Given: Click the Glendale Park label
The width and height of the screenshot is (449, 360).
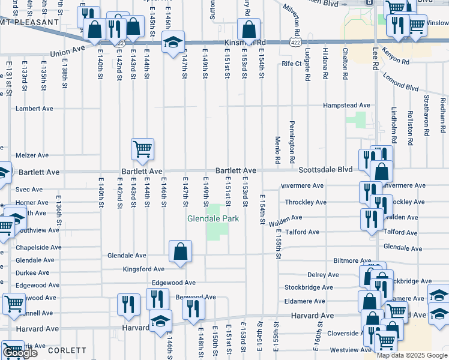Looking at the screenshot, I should coord(214,218).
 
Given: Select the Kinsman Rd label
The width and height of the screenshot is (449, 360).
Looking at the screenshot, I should coord(244,43).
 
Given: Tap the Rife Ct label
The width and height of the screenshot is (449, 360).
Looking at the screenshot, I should coord(291,63).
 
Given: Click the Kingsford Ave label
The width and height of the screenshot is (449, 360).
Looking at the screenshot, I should coord(143,269).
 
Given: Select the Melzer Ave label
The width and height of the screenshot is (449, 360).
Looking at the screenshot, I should coord(31,155).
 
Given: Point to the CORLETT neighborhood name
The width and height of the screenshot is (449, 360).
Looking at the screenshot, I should coord(67,350).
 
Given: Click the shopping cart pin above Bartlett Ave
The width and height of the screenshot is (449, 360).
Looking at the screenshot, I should coord(143,149).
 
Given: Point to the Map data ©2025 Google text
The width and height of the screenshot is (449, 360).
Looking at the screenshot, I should coord(412,355).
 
